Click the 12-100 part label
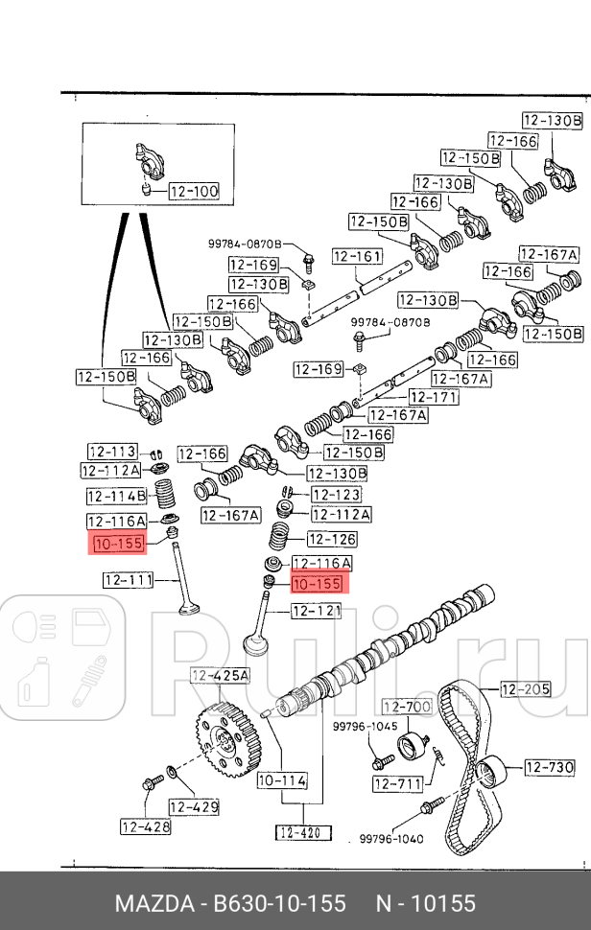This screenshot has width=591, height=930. [194, 192]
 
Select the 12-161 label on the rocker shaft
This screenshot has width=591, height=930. [357, 257]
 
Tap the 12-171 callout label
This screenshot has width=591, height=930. [433, 397]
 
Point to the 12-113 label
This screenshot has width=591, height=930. [112, 453]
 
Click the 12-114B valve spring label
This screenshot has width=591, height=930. [116, 496]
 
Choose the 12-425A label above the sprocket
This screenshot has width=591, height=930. [220, 676]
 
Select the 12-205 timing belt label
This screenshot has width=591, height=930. [525, 688]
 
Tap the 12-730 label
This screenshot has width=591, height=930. [549, 767]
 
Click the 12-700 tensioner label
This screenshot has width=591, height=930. [407, 707]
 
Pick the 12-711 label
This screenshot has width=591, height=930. [397, 784]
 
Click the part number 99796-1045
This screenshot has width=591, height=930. [365, 727]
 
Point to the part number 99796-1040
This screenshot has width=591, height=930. [391, 838]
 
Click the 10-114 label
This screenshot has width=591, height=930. [282, 780]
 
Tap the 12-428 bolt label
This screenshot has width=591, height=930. [145, 825]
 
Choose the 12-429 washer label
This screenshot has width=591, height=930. [195, 807]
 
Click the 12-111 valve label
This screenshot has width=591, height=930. [130, 579]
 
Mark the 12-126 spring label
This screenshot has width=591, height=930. [331, 540]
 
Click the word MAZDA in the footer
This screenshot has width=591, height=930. [153, 903]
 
